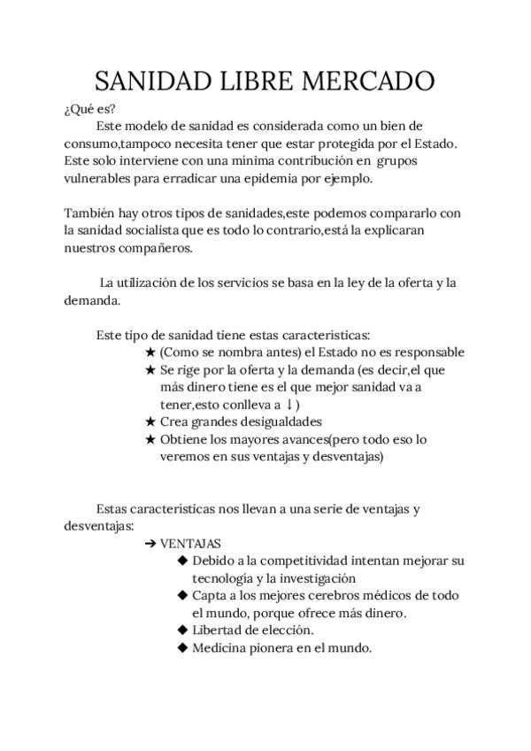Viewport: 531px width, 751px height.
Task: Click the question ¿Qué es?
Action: click(84, 110)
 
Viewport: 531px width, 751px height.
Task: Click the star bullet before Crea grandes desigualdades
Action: click(150, 422)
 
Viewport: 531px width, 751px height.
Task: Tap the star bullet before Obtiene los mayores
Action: click(150, 439)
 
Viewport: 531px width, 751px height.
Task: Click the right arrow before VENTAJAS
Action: click(150, 544)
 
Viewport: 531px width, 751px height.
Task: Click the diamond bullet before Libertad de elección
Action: click(182, 631)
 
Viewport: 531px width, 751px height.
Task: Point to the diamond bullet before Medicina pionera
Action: click(182, 647)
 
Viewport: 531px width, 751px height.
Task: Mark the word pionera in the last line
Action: click(279, 647)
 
